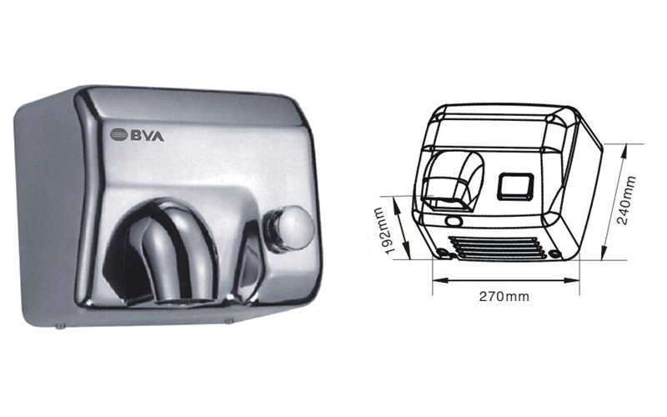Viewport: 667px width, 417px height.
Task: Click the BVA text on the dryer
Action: coord(148,135)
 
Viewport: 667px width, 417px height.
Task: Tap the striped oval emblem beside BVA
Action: coord(118,135)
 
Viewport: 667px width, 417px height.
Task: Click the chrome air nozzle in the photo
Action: coord(177,255)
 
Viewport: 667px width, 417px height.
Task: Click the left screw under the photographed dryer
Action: coord(60,327)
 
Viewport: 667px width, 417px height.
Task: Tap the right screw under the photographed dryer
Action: coord(228,320)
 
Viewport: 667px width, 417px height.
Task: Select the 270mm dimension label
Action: coord(504,296)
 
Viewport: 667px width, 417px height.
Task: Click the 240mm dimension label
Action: coord(628,200)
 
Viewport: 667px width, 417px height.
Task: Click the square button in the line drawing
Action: coord(515,185)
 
